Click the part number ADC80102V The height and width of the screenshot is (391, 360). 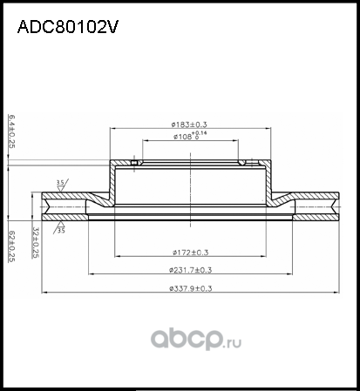68,27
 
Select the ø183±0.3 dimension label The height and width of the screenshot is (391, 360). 194,125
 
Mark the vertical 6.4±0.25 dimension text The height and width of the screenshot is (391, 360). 12,131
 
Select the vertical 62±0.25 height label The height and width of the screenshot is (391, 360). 12,245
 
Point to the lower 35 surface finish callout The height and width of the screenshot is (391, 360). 61,231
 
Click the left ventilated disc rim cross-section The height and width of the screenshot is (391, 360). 65,206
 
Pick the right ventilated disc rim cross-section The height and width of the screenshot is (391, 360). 316,206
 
